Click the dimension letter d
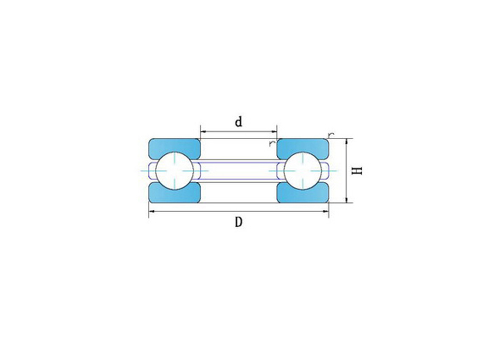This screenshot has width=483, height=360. coord(238,121)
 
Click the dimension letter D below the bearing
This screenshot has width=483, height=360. coord(239,223)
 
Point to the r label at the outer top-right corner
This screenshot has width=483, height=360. coord(330,134)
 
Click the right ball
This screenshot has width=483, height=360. coord(303,170)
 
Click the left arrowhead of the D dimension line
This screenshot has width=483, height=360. coord(152,213)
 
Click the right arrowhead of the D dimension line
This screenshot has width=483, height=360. coord(325,213)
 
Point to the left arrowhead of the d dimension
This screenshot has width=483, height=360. coord(202,131)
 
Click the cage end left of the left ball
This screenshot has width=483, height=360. coord(153,170)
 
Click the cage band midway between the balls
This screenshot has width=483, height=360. coord(238,170)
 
